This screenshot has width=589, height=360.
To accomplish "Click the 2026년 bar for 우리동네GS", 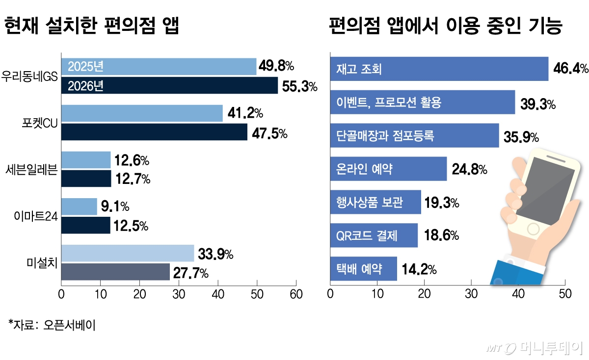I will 169,85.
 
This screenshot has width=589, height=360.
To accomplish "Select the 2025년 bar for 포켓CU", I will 142,114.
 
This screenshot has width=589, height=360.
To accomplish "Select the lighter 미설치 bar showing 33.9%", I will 128,254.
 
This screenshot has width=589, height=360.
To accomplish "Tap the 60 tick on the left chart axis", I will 296,294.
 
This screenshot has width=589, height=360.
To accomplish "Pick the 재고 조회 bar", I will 439,69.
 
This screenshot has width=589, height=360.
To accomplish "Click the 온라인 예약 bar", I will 388,169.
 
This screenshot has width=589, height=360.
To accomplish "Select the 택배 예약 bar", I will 363,269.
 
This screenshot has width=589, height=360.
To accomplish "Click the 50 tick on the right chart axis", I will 565,294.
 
